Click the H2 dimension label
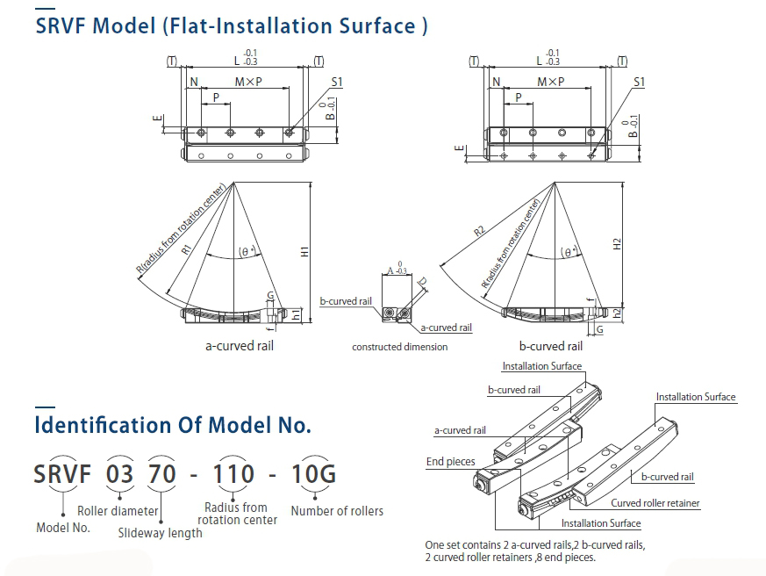618,245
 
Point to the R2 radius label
479,231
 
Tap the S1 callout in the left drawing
337,82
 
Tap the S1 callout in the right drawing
639,82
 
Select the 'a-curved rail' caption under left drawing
240,346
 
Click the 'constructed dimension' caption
400,347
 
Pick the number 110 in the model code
235,474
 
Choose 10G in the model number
313,474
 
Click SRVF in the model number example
64,474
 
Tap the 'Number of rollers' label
337,511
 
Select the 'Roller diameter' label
118,511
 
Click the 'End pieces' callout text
450,462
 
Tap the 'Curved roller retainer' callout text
655,503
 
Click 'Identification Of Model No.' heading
173,427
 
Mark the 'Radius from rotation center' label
237,514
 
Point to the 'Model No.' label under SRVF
63,528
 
